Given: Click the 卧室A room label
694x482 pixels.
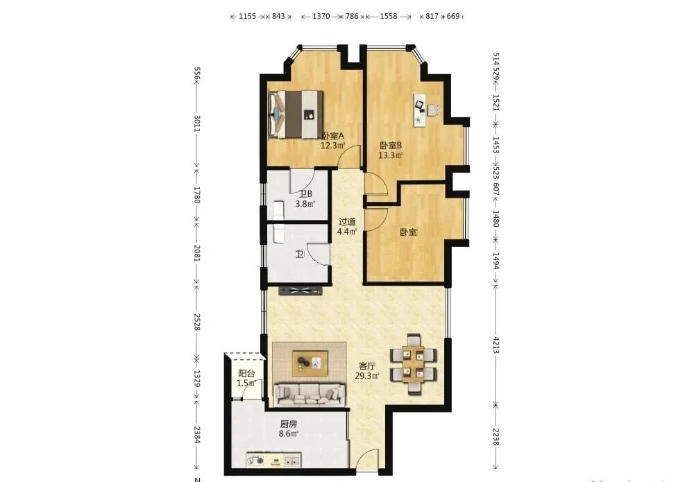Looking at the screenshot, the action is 332,136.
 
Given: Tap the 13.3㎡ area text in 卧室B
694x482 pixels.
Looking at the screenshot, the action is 390,155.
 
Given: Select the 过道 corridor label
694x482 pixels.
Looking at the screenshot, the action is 347,221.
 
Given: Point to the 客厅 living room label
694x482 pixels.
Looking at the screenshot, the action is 367,366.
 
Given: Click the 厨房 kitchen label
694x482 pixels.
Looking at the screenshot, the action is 289,424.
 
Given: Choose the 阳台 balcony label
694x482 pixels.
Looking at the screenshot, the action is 246,374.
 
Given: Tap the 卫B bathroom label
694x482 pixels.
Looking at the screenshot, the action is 305,194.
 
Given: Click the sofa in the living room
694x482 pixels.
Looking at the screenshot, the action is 310,395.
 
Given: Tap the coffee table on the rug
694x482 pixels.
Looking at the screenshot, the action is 310,363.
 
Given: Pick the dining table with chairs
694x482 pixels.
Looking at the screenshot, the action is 414,363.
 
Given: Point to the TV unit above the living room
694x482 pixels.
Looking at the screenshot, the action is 300,291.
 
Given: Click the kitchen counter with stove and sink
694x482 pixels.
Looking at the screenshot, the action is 273,459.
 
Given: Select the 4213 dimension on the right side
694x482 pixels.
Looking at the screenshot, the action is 496,345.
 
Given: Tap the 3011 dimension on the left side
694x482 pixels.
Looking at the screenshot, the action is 197,123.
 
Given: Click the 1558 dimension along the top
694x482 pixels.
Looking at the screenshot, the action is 389,17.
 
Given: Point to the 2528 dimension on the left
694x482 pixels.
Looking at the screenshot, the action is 197,322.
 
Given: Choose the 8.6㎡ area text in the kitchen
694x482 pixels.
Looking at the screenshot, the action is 289,434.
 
